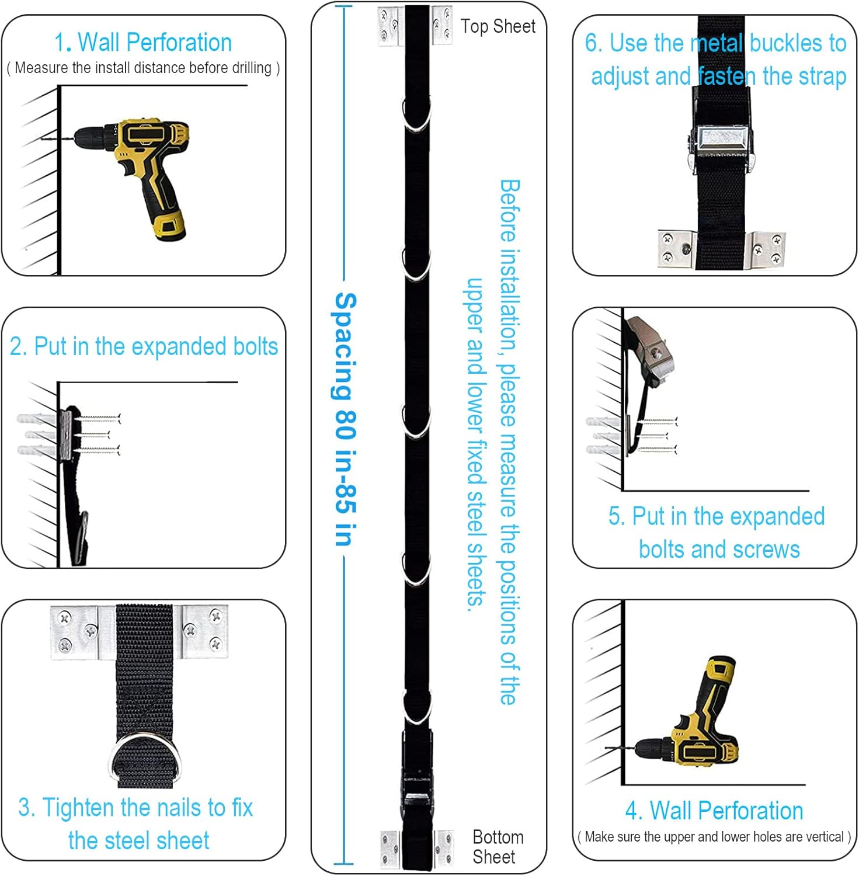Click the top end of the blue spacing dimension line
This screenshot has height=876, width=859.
coord(344,6)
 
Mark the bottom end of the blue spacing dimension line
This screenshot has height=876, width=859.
coord(344,863)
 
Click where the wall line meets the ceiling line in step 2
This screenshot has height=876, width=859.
coord(58,383)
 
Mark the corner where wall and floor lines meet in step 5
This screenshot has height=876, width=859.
coord(624,491)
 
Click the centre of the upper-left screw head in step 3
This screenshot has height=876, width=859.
coord(64,617)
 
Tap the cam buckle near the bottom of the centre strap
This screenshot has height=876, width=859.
coord(416,780)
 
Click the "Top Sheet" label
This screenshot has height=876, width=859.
coord(498,26)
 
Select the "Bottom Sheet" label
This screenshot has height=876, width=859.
coord(498,847)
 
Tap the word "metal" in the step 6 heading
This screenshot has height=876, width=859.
coord(717,43)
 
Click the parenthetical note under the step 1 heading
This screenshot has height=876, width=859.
coord(143,68)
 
